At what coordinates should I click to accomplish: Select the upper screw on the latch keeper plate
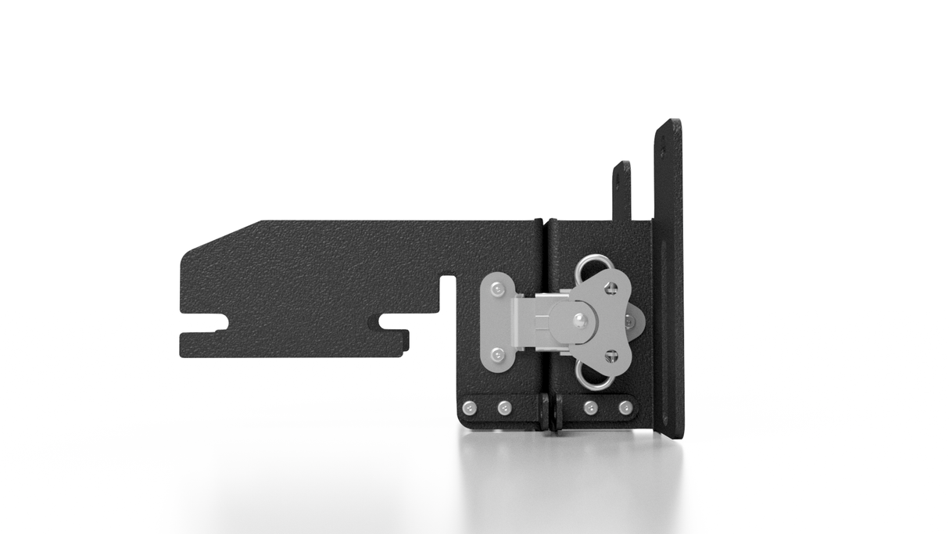click(496, 290)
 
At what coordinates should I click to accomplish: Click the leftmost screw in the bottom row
click(469, 407)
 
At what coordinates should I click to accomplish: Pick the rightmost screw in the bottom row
click(625, 407)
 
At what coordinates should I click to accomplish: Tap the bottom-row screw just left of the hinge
click(504, 407)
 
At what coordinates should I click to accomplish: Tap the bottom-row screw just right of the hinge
click(590, 407)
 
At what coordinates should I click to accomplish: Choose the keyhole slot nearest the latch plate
click(391, 321)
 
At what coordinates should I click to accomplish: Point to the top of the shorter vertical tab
click(621, 167)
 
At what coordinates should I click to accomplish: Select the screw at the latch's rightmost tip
click(629, 321)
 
